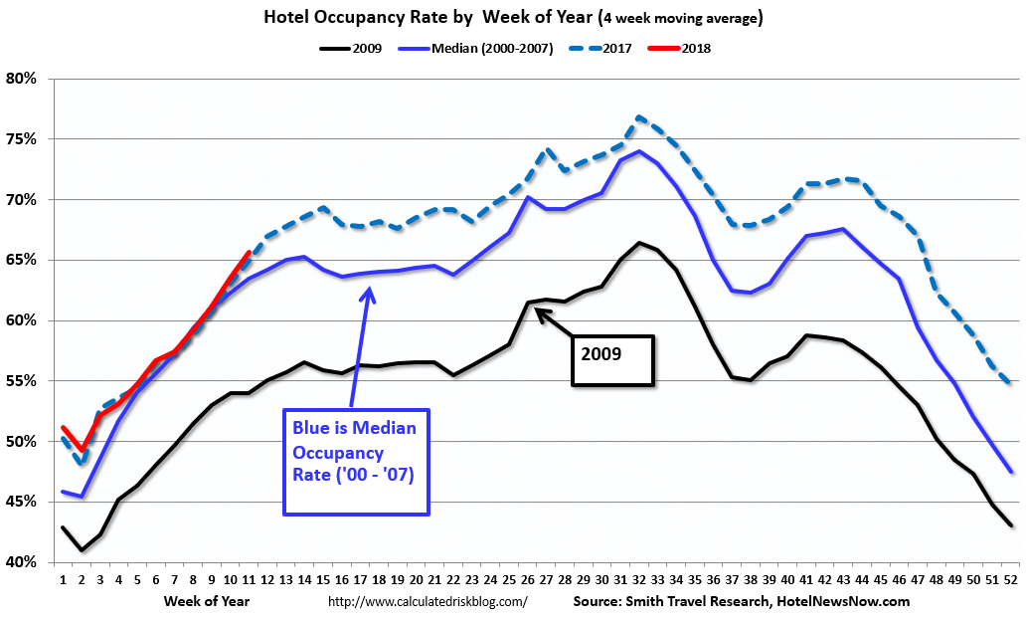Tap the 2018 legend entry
(x=696, y=47)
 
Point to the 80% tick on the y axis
(x=22, y=79)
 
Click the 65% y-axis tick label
(x=22, y=261)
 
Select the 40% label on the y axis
(x=22, y=563)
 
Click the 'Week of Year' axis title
(x=208, y=601)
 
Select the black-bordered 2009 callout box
(x=612, y=359)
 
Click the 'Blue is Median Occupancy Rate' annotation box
(x=356, y=461)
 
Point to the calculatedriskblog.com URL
(x=428, y=602)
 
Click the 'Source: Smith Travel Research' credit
(x=741, y=601)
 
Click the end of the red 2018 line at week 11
(x=249, y=253)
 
